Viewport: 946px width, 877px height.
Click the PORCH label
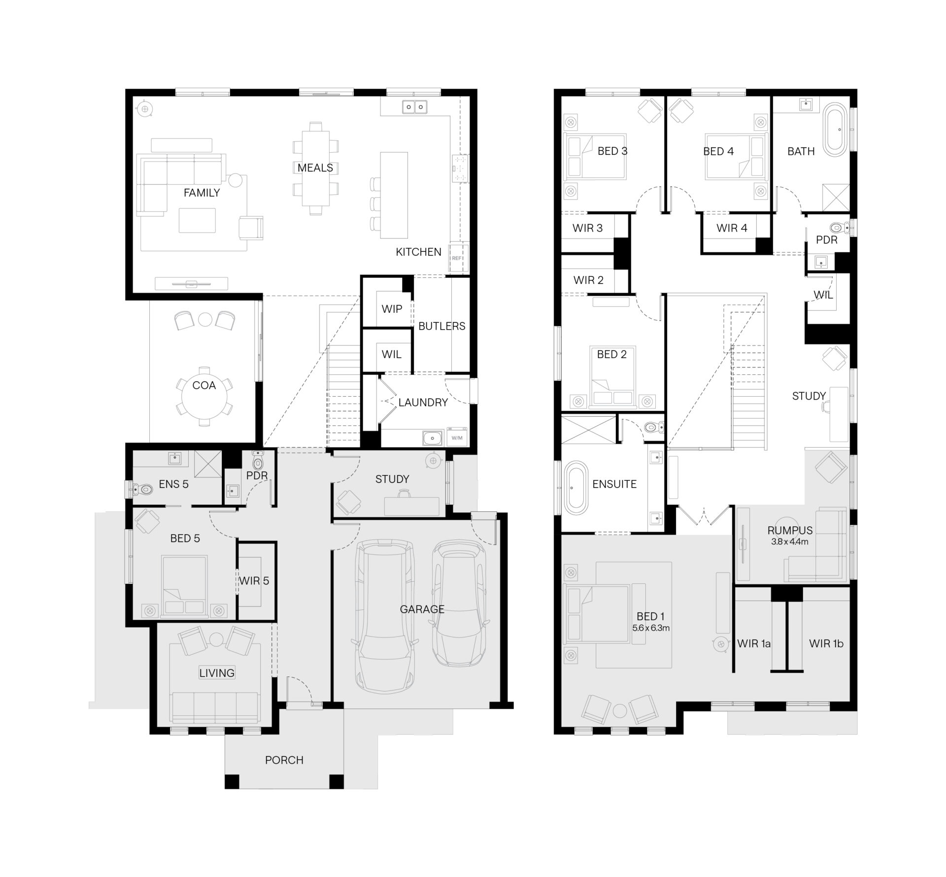(284, 760)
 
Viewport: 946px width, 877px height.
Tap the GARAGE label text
(422, 609)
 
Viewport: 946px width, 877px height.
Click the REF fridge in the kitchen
(457, 258)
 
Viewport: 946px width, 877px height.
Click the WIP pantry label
(392, 309)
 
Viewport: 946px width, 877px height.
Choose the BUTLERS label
(441, 326)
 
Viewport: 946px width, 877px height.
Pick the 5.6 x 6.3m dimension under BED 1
(651, 628)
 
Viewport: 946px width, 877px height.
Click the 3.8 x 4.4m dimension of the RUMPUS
(789, 541)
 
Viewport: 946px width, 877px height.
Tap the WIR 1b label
(826, 643)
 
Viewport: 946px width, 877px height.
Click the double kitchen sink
(414, 106)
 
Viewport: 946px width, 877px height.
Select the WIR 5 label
(254, 581)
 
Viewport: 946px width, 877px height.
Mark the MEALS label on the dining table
(315, 168)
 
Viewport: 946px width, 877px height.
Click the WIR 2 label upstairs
(588, 280)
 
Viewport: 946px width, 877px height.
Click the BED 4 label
(718, 152)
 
